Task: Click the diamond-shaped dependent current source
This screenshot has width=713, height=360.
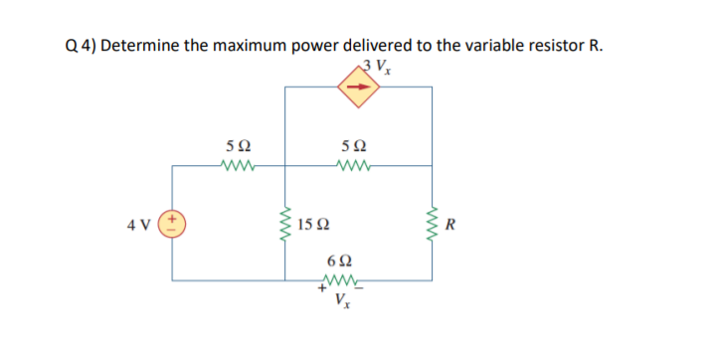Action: [359, 89]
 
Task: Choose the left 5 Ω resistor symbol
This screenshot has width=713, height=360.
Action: [243, 165]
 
